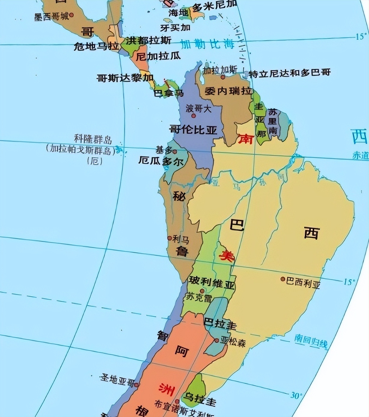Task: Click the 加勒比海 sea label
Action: click(207, 44)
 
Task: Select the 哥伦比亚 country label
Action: click(193, 130)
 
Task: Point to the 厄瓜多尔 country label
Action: click(161, 162)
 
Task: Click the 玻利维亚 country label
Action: click(211, 283)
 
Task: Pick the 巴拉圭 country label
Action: click(220, 324)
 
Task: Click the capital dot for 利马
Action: click(169, 238)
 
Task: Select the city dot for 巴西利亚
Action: click(283, 279)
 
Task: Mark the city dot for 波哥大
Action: click(194, 115)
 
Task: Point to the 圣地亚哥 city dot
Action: click(136, 385)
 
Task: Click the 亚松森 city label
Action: click(233, 342)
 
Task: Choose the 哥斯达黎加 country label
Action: click(125, 78)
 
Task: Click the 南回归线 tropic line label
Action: click(311, 341)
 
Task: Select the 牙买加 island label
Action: click(175, 28)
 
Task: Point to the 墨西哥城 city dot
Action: click(72, 15)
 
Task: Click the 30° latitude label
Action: click(296, 395)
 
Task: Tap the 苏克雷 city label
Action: click(199, 297)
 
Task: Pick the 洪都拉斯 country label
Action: click(148, 40)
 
